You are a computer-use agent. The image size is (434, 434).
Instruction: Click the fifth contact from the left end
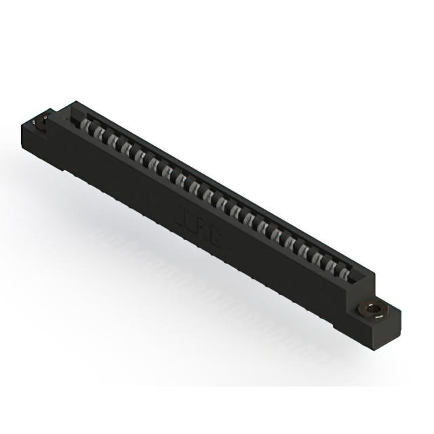pos(140,155)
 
